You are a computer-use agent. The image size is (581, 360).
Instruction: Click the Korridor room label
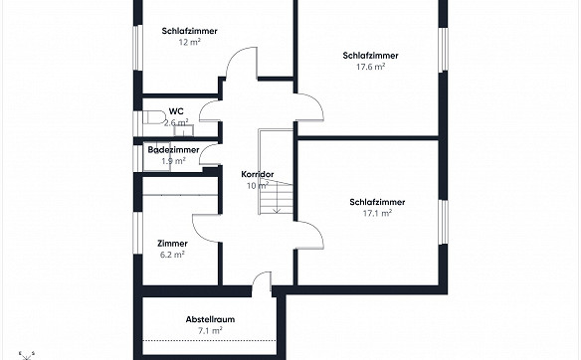point(258,174)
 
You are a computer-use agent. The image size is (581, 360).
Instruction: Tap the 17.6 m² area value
point(370,67)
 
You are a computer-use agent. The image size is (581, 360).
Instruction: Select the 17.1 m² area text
point(377,213)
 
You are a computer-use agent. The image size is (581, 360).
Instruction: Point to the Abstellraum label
point(210,319)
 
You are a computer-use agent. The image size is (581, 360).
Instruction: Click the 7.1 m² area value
point(210,330)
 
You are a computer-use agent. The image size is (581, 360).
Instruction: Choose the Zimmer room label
point(172,244)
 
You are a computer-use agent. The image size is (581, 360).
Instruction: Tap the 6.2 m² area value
point(172,255)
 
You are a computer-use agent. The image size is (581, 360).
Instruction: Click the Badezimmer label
point(173,149)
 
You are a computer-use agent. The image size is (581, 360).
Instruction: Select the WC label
point(176,111)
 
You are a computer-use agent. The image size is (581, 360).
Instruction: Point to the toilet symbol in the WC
point(154,117)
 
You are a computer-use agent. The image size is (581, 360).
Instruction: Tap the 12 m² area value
point(189,42)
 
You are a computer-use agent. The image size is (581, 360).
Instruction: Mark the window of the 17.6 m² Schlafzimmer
point(443,50)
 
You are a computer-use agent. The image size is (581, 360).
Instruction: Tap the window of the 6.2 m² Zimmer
point(138,233)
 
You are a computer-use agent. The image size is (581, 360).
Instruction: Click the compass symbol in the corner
point(26,356)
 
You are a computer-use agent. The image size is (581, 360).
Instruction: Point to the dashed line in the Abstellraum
point(209,341)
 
